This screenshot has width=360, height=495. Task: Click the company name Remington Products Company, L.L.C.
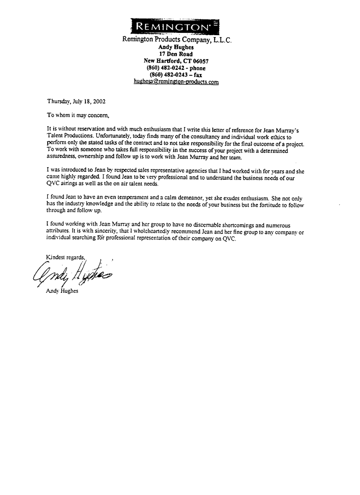pos(177,40)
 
